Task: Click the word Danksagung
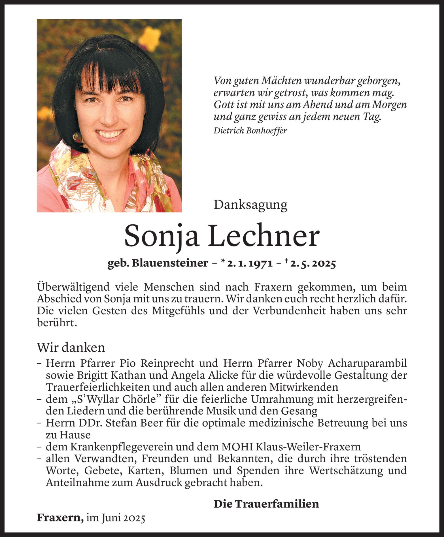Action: [x=250, y=205]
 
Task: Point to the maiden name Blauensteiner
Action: [x=170, y=263]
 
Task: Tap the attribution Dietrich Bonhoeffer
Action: [x=250, y=131]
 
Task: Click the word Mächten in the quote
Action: [x=281, y=81]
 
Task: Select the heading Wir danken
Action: [x=71, y=348]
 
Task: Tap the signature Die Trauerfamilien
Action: [x=266, y=504]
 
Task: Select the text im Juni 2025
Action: [x=116, y=518]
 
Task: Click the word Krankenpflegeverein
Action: [x=122, y=447]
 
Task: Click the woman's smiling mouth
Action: [x=110, y=134]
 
